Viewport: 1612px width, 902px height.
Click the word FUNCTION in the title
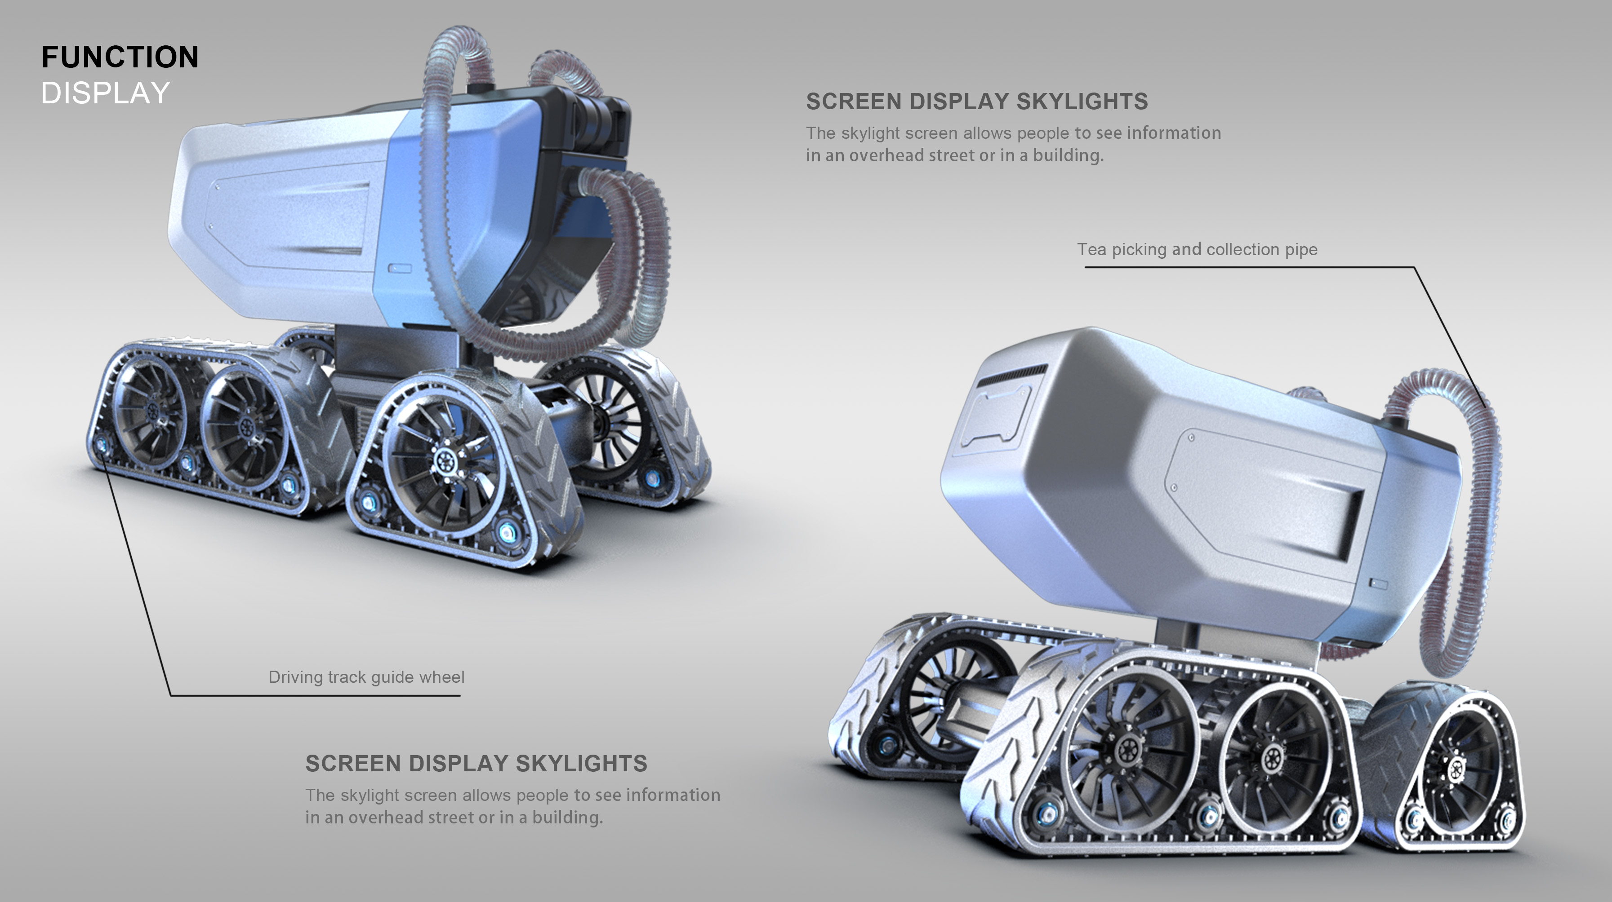pos(120,57)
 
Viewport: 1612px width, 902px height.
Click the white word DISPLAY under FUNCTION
pos(105,93)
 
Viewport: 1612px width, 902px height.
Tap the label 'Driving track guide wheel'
pos(366,677)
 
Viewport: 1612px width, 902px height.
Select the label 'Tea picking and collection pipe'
pos(1197,249)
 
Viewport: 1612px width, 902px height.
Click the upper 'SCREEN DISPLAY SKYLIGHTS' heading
pos(976,102)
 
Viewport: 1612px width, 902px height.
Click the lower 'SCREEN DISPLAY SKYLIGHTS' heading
pos(476,763)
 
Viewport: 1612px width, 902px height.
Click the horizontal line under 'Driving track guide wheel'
pos(313,695)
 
